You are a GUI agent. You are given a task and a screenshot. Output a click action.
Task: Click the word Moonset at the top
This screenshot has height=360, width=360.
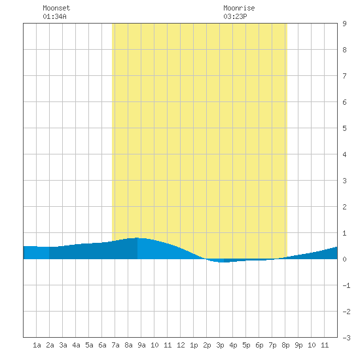[x=56, y=8]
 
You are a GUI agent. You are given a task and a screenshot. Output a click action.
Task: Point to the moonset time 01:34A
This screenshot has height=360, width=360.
[x=54, y=16]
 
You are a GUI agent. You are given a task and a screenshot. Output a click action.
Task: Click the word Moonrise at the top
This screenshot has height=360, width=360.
[x=239, y=8]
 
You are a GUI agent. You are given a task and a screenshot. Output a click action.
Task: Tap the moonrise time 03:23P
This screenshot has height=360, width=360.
[x=236, y=16]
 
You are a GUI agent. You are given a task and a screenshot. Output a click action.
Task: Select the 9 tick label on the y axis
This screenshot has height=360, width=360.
[x=344, y=24]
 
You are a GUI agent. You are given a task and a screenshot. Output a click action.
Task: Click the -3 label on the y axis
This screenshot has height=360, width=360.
[x=346, y=338]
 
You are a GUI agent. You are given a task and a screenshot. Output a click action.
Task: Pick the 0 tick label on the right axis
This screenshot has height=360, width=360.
[x=344, y=259]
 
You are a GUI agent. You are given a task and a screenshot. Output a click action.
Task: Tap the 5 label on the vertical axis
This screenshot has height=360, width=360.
[x=344, y=128]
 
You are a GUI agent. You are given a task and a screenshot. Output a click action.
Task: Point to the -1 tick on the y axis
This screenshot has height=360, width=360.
[x=346, y=285]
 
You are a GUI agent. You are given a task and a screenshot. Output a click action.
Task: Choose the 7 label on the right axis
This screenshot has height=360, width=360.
[x=344, y=76]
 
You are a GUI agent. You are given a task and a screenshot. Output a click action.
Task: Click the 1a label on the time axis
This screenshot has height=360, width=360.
[x=37, y=345]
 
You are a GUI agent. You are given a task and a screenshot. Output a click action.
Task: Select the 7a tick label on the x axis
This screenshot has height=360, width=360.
[x=115, y=345]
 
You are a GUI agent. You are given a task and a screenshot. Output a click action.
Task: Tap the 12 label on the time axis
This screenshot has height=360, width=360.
[x=181, y=345]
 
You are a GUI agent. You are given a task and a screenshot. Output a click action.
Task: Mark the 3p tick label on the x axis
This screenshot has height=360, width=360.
[x=220, y=345]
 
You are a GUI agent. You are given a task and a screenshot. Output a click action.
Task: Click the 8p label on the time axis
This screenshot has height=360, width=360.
[x=285, y=345]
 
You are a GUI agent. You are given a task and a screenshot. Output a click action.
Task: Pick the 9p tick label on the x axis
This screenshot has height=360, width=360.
[x=298, y=345]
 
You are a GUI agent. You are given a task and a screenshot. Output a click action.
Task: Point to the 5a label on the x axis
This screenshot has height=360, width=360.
[x=89, y=345]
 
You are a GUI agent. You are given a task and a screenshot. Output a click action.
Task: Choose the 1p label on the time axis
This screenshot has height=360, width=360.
[x=194, y=345]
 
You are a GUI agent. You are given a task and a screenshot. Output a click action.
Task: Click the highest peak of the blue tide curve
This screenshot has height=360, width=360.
[x=137, y=238]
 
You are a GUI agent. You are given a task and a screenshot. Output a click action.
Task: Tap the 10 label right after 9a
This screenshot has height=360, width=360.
[x=154, y=345]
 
